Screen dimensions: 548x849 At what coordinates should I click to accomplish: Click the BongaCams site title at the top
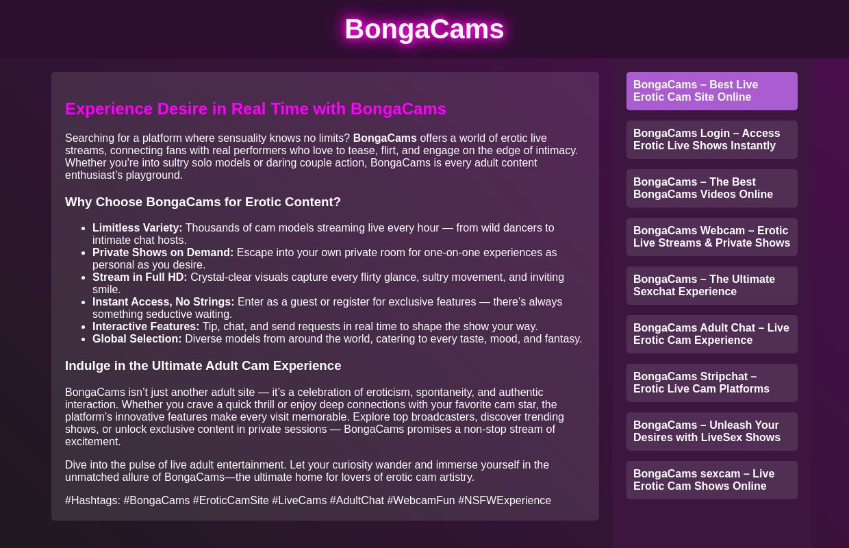[424, 29]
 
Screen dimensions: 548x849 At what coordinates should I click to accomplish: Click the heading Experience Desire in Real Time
[255, 109]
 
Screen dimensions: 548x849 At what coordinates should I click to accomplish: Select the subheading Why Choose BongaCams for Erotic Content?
[203, 202]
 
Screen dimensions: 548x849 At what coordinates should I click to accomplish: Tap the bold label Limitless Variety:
[137, 228]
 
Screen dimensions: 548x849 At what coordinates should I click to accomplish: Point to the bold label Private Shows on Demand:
[163, 253]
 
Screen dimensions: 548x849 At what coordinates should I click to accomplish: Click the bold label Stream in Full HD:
[140, 277]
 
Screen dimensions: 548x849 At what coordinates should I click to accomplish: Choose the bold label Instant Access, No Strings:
[163, 302]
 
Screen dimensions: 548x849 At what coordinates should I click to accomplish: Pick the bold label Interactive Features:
[146, 327]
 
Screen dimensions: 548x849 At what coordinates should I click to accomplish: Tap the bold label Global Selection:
[137, 339]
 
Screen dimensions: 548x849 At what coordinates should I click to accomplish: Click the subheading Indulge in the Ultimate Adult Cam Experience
[203, 366]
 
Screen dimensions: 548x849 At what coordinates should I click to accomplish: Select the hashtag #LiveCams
[299, 501]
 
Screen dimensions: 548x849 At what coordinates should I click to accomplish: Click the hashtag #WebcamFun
[420, 501]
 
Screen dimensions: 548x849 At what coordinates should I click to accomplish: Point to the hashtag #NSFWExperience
[504, 501]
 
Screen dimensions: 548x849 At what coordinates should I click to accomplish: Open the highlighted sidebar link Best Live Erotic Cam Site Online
[711, 91]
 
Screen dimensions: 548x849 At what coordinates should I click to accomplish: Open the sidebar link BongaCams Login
[711, 140]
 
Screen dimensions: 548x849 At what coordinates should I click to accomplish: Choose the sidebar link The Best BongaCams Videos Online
[711, 188]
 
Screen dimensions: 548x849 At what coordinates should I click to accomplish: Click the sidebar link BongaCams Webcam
[711, 237]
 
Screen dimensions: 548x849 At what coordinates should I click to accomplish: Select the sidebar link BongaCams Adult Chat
[711, 334]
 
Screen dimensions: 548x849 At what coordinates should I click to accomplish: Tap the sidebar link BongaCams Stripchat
[711, 383]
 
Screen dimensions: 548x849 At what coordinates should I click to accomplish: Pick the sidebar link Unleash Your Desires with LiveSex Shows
[711, 432]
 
